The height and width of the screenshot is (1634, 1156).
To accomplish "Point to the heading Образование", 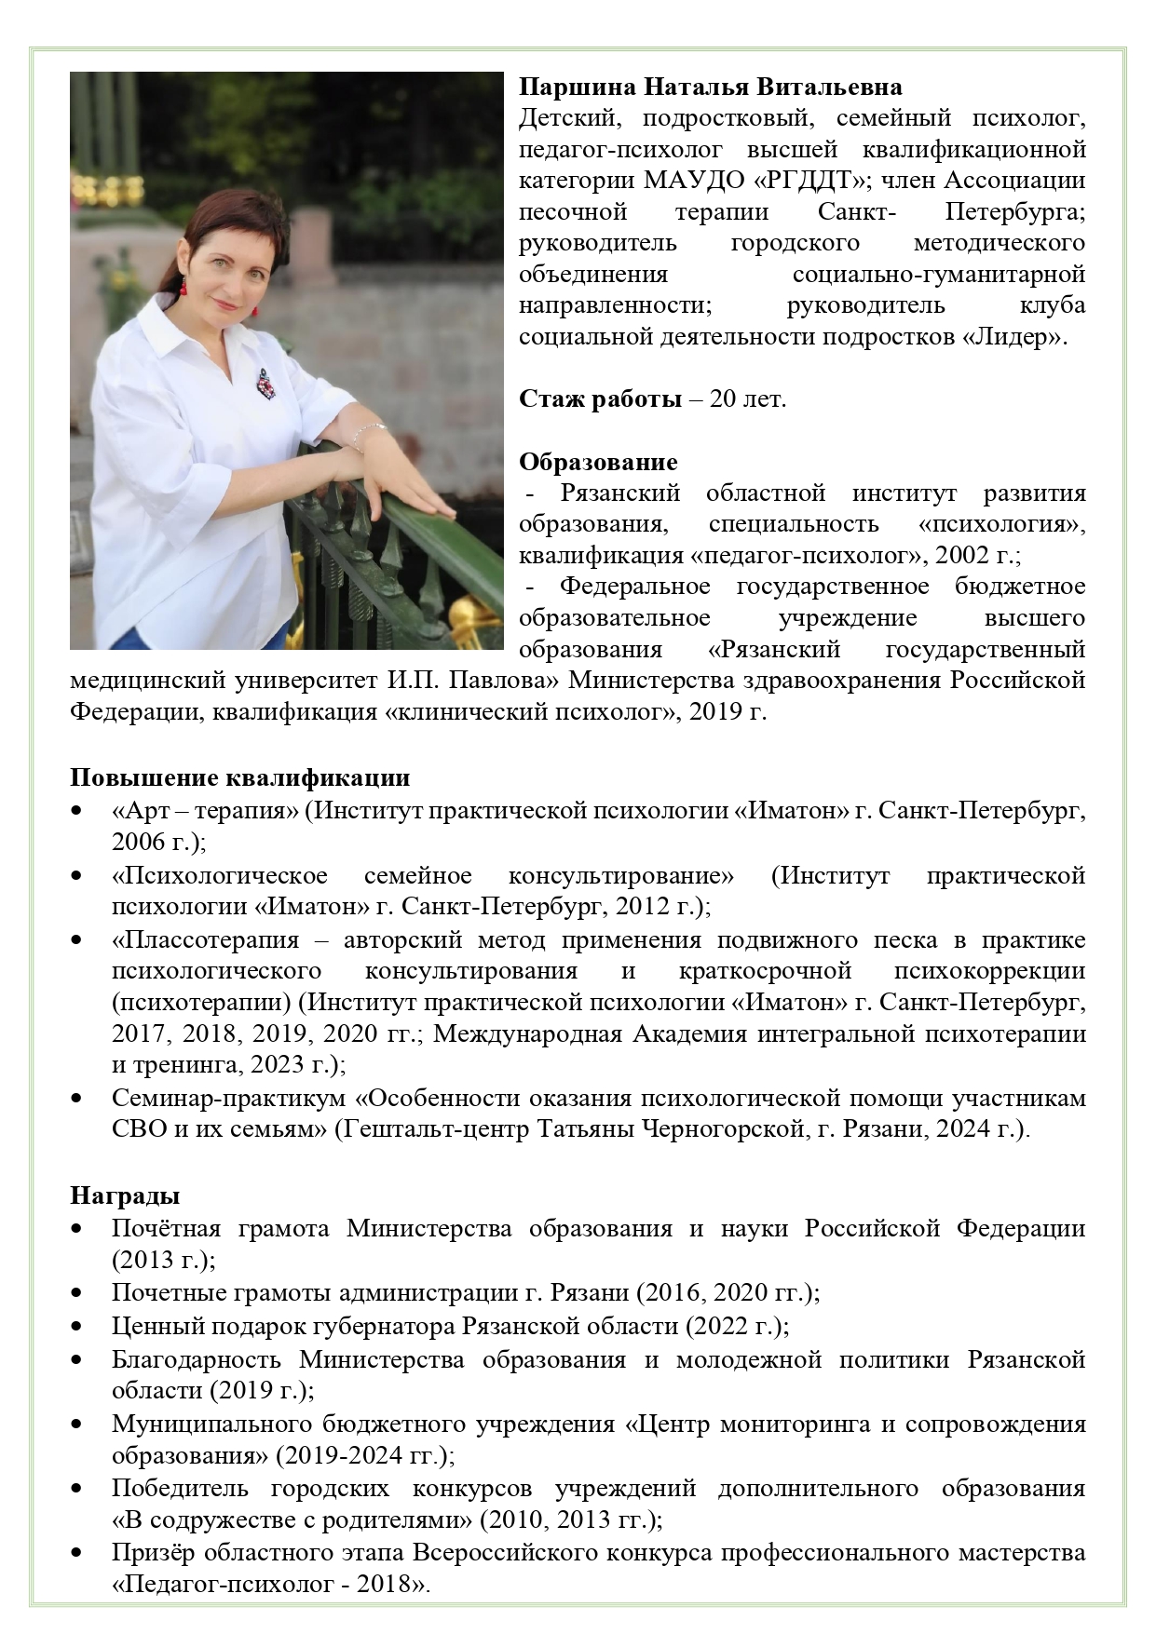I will (598, 462).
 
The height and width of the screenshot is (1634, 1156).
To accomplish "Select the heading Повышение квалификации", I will (240, 777).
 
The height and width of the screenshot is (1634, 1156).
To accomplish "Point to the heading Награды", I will (125, 1195).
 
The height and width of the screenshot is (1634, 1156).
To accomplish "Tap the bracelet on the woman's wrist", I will (370, 433).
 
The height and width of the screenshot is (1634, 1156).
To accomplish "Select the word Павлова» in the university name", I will (503, 681).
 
